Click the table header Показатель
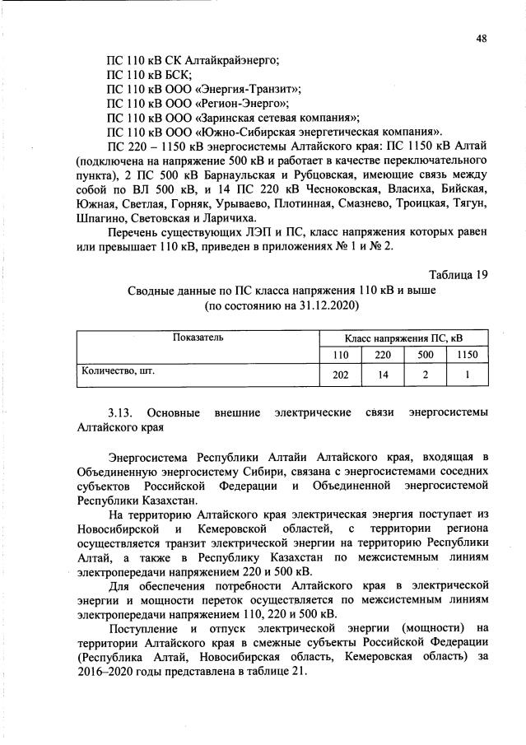pyautogui.click(x=198, y=338)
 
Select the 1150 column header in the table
pyautogui.click(x=466, y=355)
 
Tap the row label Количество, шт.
pyautogui.click(x=118, y=371)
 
